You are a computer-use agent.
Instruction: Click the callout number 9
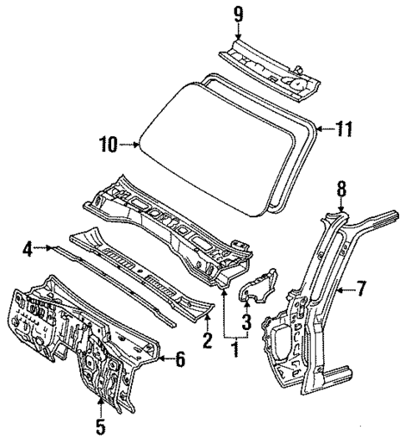(x=238, y=13)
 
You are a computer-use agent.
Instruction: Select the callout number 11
(x=343, y=129)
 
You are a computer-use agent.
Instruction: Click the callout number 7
(x=361, y=289)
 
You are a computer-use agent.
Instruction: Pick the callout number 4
(x=28, y=247)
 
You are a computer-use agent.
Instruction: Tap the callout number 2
(x=206, y=340)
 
